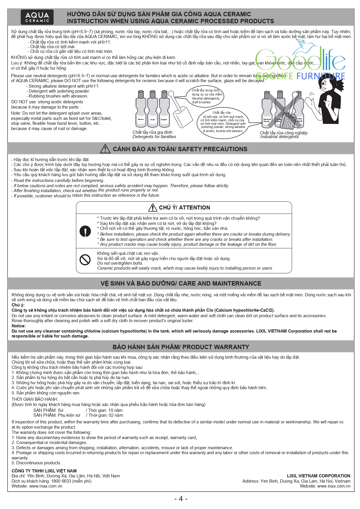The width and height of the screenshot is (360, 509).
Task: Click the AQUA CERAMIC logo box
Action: pyautogui.click(x=37, y=17)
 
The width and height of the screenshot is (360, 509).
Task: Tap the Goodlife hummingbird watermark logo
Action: pyautogui.click(x=300, y=62)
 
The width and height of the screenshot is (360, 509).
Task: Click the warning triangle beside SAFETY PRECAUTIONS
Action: pyautogui.click(x=105, y=149)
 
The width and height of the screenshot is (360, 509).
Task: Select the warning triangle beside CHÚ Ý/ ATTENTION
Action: pyautogui.click(x=153, y=207)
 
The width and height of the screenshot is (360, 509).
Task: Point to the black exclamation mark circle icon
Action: pyautogui.click(x=85, y=231)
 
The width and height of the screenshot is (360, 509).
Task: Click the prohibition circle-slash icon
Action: pyautogui.click(x=85, y=259)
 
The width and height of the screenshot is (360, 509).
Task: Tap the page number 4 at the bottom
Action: pyautogui.click(x=181, y=499)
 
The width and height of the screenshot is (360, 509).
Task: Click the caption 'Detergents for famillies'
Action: pyautogui.click(x=154, y=137)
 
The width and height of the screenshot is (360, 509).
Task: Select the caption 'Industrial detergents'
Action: pyautogui.click(x=279, y=137)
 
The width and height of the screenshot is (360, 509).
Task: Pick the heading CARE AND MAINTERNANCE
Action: pyautogui.click(x=181, y=284)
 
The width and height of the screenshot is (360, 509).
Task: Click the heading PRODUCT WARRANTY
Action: pyautogui.click(x=181, y=347)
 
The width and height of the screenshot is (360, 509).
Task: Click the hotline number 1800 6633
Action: pyautogui.click(x=61, y=481)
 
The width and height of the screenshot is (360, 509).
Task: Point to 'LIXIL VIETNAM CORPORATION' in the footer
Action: pyautogui.click(x=318, y=476)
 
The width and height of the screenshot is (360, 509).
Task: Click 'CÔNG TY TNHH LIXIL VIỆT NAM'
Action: pyautogui.click(x=44, y=471)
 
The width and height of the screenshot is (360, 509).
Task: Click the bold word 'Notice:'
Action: pyautogui.click(x=19, y=326)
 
